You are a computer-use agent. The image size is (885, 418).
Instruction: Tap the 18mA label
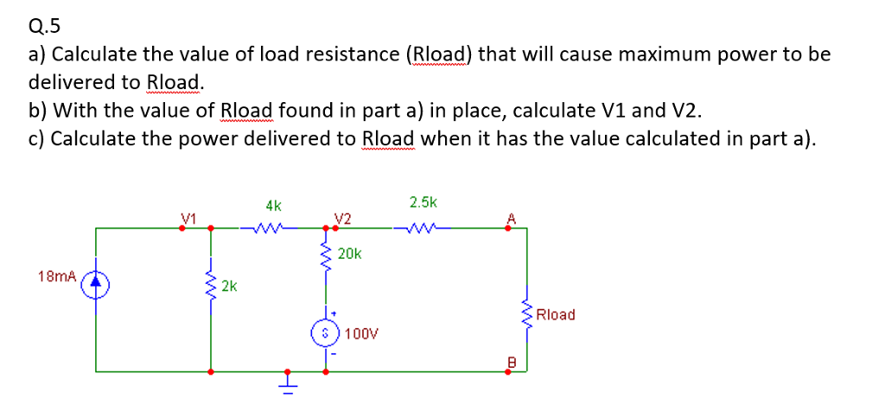click(x=56, y=276)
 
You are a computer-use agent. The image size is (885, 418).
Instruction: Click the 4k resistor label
click(x=272, y=206)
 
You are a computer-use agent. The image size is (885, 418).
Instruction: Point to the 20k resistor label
click(x=349, y=254)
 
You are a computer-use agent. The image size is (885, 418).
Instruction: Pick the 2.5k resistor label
click(x=423, y=203)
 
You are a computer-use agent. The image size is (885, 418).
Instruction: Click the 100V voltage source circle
click(x=325, y=332)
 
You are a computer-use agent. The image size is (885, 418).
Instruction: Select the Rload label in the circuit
click(x=555, y=314)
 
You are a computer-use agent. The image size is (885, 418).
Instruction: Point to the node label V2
click(x=342, y=218)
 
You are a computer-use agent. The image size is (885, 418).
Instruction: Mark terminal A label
click(x=512, y=218)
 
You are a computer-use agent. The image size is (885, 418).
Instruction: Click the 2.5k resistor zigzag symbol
click(x=423, y=229)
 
